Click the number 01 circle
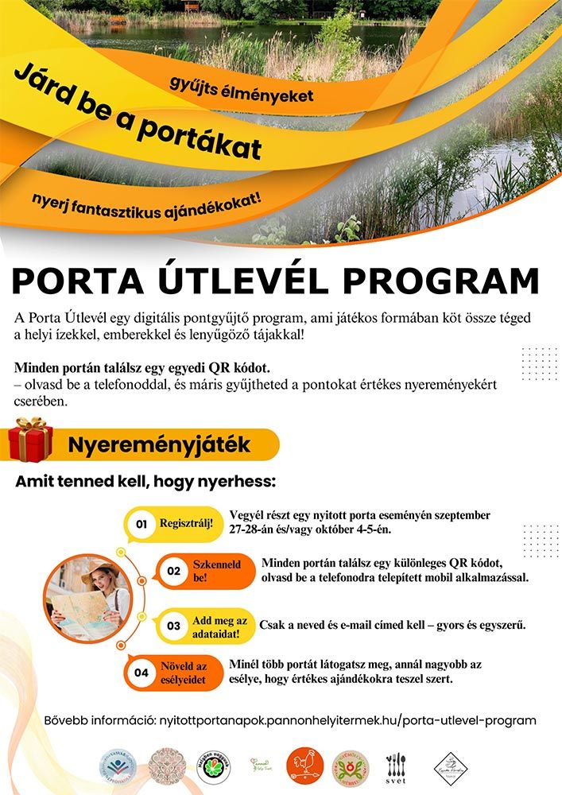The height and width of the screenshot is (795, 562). click(142, 524)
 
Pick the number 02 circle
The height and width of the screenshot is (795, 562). click(174, 570)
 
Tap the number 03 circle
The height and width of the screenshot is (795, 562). click(173, 626)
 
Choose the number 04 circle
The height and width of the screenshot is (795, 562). click(141, 673)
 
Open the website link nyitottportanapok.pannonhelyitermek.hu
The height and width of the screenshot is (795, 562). click(347, 721)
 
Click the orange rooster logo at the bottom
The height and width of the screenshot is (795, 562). click(304, 766)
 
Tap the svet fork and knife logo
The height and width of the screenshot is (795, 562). click(395, 766)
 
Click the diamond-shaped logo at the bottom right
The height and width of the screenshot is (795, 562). click(451, 767)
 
